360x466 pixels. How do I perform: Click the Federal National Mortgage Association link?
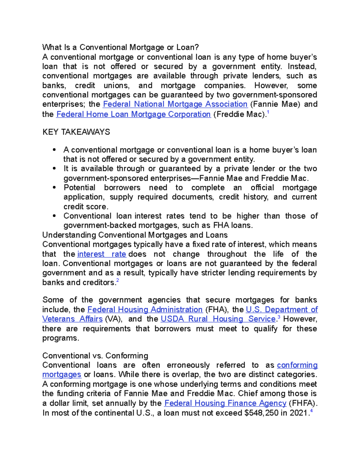(175, 104)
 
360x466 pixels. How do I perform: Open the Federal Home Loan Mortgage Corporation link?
(133, 114)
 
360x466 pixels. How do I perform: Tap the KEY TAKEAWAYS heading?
(76, 132)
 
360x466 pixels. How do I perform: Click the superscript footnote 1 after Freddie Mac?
(268, 112)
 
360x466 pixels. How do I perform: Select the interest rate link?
(102, 254)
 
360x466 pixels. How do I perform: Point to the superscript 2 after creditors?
(118, 280)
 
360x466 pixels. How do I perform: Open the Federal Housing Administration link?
(145, 309)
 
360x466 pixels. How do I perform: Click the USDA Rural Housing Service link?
(218, 319)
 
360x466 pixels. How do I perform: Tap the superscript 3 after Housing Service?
(279, 317)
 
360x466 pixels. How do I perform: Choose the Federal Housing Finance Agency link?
(225, 403)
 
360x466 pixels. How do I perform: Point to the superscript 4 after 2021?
(312, 411)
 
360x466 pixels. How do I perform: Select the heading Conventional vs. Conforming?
(95, 356)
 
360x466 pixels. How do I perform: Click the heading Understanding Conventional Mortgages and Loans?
(135, 235)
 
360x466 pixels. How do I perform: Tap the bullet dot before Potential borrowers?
(54, 188)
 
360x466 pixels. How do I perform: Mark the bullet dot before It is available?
(54, 169)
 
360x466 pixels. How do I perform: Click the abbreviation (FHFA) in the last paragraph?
(303, 403)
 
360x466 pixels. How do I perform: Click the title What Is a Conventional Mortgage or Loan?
(121, 47)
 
